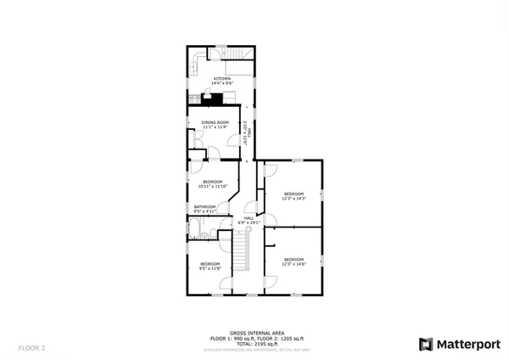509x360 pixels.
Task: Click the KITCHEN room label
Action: [222, 78]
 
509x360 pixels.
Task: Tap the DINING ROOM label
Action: [215, 123]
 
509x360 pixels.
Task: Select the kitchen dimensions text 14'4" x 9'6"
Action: [222, 83]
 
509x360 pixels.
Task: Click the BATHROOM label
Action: [204, 206]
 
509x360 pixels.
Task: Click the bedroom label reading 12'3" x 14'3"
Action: [294, 196]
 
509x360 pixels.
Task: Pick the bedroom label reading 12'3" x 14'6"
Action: [294, 261]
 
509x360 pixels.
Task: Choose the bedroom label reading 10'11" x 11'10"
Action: [212, 183]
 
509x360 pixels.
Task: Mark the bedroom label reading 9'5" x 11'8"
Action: [210, 266]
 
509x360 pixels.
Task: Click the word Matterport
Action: [465, 344]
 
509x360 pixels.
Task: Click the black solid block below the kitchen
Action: [217, 98]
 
